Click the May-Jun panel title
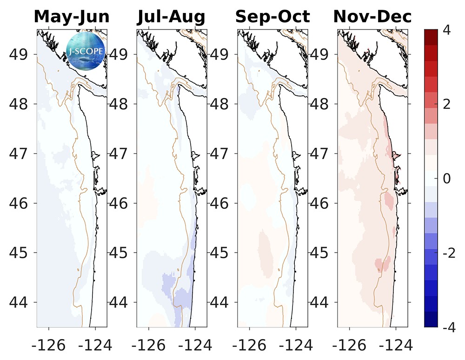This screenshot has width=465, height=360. [x=72, y=17]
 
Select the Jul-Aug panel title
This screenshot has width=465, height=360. [x=171, y=17]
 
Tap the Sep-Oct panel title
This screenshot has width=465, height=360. [x=272, y=17]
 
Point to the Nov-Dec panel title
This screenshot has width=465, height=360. [x=372, y=17]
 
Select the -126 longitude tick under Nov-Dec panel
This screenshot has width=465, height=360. [x=349, y=345]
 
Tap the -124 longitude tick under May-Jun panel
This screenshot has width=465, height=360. [x=95, y=345]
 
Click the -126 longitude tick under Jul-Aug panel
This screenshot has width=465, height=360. [x=148, y=345]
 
